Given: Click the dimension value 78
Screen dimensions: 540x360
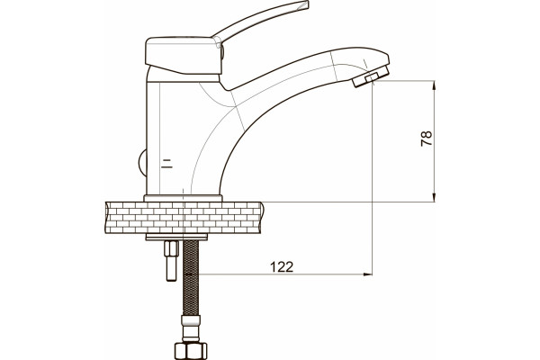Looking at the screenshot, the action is (x=427, y=139).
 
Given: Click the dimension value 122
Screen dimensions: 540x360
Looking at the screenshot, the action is (x=282, y=267).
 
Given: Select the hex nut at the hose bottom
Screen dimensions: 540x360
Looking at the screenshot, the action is (x=191, y=351).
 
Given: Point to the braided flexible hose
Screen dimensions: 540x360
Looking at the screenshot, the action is (x=191, y=278).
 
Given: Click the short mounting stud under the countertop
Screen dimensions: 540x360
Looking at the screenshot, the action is (x=172, y=261).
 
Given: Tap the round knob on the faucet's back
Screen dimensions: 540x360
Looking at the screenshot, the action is (x=142, y=163).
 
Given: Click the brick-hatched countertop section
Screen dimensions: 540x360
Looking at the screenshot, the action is (x=184, y=218).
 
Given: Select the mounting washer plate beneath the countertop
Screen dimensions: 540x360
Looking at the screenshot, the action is (x=176, y=237).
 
